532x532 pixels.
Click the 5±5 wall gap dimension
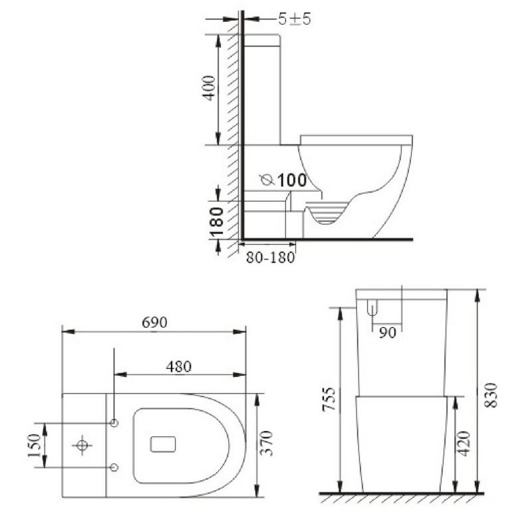tap(295, 19)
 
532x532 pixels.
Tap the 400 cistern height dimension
tap(209, 88)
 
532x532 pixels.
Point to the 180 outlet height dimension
tap(216, 221)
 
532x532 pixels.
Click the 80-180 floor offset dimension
tap(271, 258)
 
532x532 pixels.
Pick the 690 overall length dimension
tap(155, 323)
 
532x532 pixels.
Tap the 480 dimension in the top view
tap(179, 366)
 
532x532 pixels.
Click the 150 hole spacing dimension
tap(35, 445)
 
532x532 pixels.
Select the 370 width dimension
tap(267, 443)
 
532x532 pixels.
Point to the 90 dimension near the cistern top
tap(388, 333)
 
